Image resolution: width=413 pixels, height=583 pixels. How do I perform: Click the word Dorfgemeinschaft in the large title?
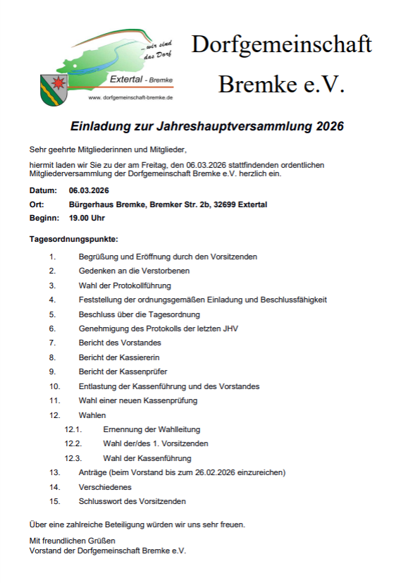(x=281, y=44)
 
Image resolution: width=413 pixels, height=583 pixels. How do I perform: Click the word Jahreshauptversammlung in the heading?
(x=234, y=128)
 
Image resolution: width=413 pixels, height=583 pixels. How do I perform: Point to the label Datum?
(x=43, y=190)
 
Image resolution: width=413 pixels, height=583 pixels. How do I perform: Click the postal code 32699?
(x=223, y=204)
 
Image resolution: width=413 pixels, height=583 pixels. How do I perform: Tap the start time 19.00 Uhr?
(x=87, y=219)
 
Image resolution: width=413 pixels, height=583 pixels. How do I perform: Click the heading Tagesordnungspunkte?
(x=73, y=240)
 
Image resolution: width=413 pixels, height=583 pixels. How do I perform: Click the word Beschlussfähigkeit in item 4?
(x=292, y=300)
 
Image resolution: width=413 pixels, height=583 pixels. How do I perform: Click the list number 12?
(x=54, y=415)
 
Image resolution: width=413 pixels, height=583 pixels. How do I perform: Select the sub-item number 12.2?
(x=73, y=443)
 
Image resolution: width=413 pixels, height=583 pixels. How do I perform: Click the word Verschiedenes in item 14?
(x=105, y=486)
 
